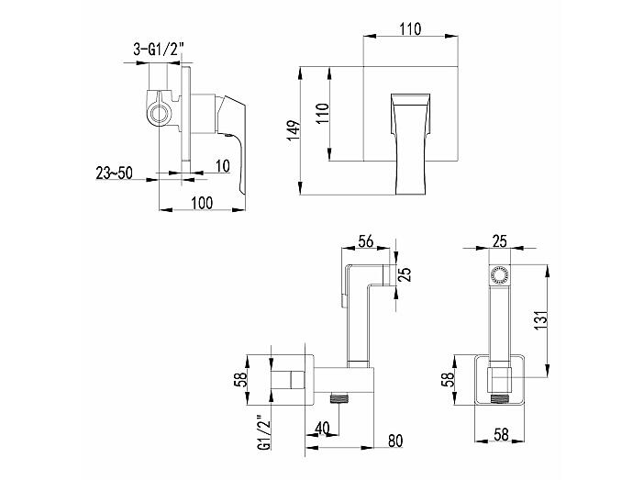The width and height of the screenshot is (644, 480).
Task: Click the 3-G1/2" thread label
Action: [158, 50]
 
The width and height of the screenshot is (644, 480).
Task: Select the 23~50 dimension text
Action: [114, 173]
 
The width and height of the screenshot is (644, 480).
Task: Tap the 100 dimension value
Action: [202, 203]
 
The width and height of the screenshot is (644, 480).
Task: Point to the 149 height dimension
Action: [294, 131]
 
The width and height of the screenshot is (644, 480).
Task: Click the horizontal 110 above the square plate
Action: [410, 29]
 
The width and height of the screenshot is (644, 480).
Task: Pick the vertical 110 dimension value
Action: [323, 114]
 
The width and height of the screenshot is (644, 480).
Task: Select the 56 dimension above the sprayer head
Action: [365, 241]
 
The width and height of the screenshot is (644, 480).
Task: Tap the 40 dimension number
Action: [322, 429]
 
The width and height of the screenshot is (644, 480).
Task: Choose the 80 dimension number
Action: [395, 441]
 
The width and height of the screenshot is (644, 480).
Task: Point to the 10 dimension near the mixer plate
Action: [222, 166]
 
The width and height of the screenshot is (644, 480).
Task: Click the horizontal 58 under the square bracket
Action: [501, 434]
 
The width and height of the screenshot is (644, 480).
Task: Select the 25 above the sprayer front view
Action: [499, 241]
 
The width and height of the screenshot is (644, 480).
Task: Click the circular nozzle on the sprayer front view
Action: [499, 274]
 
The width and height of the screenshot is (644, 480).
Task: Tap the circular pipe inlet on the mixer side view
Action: [159, 113]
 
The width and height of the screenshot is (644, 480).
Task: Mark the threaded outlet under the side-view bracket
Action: [339, 397]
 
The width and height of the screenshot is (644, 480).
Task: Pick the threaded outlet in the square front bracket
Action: [499, 397]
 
